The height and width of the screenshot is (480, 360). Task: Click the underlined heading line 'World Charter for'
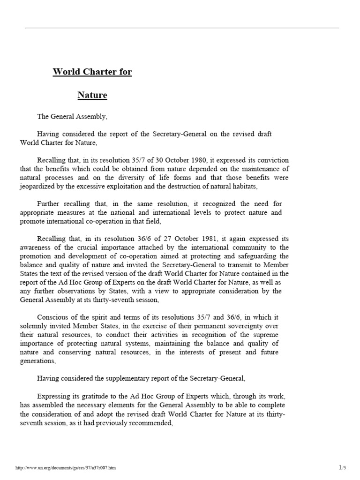point(92,72)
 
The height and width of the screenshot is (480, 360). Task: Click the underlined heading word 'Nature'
point(92,96)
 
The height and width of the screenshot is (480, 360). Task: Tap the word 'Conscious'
point(53,317)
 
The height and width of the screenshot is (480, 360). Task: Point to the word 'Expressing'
point(54,396)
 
